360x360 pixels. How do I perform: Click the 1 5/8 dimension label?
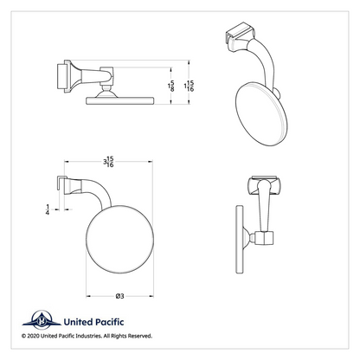tap(171, 86)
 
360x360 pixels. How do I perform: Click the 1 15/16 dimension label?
tap(189, 86)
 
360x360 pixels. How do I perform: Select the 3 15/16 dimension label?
tap(109, 162)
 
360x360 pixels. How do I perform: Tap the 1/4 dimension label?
tap(48, 209)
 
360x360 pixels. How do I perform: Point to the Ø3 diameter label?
tap(119, 296)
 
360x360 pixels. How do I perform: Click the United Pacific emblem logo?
tap(42, 320)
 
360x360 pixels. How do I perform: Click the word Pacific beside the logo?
tap(109, 322)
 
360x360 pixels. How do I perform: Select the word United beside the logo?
tap(78, 322)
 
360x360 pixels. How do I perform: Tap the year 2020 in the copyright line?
tap(33, 336)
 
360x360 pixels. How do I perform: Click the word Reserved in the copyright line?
tap(140, 336)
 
